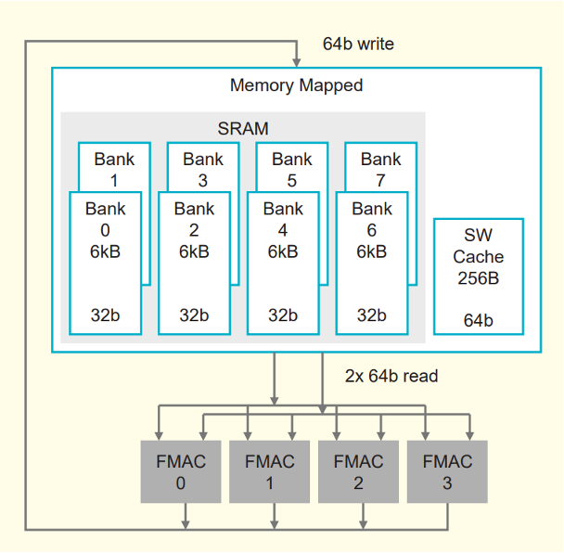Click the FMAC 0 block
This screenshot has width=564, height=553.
[181, 471]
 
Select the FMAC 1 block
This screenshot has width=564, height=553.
[270, 471]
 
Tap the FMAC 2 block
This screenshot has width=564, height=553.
[359, 471]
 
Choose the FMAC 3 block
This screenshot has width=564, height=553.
[448, 471]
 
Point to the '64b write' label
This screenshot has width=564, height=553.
[358, 44]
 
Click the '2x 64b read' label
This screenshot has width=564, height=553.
[391, 376]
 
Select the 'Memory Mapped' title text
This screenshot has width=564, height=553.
[296, 85]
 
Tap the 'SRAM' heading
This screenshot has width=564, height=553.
[243, 129]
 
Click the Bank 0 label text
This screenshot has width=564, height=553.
[105, 219]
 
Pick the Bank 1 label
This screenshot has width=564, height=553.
[114, 169]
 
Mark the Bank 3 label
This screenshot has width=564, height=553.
[203, 169]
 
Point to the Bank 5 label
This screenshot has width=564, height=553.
[292, 169]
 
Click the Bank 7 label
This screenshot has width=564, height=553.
[381, 169]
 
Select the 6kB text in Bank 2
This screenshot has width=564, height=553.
[194, 251]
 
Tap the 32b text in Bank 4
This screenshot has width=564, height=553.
[283, 315]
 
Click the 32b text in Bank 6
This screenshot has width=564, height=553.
[372, 315]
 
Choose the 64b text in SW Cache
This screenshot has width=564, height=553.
[479, 321]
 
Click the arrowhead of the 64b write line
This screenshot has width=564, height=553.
[297, 61]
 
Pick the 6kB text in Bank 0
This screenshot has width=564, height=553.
[105, 251]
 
